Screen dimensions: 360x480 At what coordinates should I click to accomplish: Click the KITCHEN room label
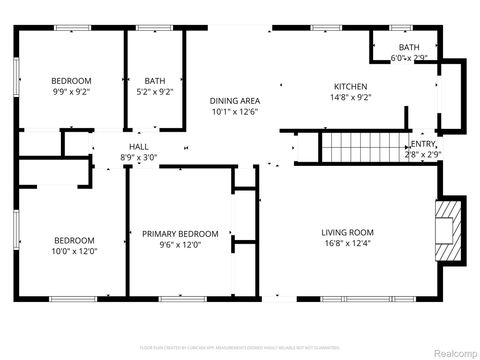coord(350,87)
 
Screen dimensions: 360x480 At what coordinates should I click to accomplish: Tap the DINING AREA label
coord(235,101)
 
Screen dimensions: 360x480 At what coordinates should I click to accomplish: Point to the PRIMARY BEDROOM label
coord(179,234)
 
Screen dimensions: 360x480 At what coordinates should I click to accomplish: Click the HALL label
coord(138,146)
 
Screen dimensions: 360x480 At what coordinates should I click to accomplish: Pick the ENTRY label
coord(423,144)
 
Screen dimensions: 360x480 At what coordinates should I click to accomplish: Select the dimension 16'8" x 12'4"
coord(347,244)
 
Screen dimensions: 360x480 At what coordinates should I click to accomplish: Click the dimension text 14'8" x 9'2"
coord(350,98)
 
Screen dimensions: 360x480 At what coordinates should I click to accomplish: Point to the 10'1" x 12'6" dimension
coord(235,113)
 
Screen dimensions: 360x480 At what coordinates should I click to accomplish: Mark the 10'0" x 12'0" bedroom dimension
coord(74,252)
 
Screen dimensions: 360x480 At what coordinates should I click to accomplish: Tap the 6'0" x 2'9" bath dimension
coord(409,59)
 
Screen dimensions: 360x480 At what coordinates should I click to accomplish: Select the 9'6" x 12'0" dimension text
coord(179,245)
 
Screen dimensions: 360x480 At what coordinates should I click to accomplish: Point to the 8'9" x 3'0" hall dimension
coord(138,157)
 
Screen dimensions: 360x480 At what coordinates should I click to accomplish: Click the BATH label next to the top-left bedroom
coord(155,81)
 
